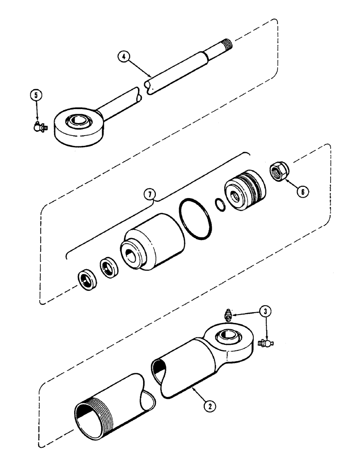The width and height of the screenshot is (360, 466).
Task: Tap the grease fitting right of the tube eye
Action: pyautogui.click(x=264, y=343)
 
